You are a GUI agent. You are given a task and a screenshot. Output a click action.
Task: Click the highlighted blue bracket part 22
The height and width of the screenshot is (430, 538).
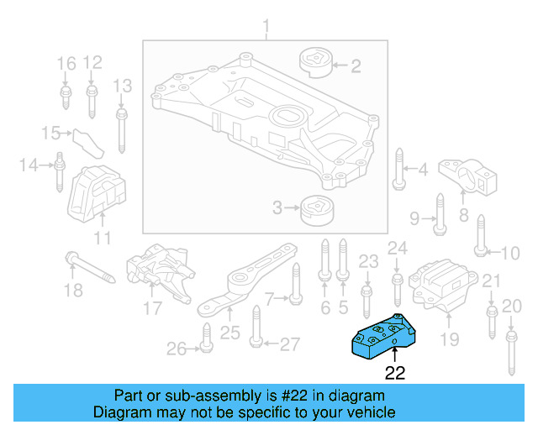(x=386, y=337)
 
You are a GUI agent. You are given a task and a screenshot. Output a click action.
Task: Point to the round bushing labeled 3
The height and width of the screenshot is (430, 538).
(x=316, y=207)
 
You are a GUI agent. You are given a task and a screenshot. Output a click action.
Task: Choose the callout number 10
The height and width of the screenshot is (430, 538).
(x=511, y=252)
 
